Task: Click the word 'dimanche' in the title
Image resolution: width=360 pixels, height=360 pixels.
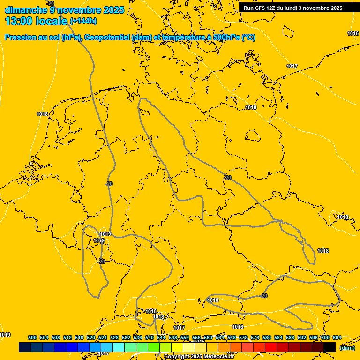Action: [x=26, y=9]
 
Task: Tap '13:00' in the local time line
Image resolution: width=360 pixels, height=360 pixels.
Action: [x=18, y=21]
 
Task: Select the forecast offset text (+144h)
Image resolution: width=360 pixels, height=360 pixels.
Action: [x=83, y=21]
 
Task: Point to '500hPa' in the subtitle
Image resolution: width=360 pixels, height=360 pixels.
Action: [x=227, y=37]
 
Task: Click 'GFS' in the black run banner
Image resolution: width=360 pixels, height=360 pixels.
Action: [x=262, y=8]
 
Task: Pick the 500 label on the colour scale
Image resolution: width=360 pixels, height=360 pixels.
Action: [x=32, y=337]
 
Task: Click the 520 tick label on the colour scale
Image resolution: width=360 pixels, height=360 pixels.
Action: [x=91, y=337]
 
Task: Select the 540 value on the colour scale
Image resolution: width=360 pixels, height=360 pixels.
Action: [x=150, y=337]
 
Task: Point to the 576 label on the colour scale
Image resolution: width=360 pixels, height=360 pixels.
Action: [x=255, y=337]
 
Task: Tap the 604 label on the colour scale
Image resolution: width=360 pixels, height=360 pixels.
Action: [x=337, y=337]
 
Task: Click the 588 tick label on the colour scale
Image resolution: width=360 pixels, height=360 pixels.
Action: [x=290, y=337]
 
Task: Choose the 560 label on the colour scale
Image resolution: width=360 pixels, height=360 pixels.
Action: [x=208, y=337]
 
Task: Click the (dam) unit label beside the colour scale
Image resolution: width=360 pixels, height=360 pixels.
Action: [x=347, y=347]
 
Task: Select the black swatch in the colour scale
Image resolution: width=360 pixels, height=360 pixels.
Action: [x=330, y=347]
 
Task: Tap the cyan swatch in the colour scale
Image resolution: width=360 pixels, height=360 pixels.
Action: [x=119, y=347]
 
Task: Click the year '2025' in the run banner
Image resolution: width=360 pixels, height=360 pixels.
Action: [x=335, y=8]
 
